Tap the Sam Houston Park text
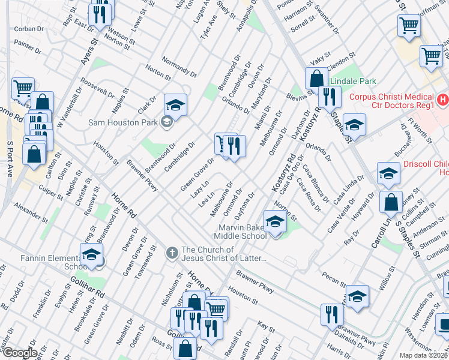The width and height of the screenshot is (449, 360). (123, 122)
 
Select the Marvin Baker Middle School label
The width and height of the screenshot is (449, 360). (238, 231)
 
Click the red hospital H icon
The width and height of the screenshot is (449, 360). (442, 99)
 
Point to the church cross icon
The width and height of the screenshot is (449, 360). (172, 251)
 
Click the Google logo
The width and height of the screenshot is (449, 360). (19, 353)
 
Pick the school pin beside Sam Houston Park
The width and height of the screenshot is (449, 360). (175, 105)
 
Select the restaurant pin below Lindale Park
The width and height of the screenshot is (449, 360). (330, 96)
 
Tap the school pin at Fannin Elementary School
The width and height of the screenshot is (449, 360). (91, 255)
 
